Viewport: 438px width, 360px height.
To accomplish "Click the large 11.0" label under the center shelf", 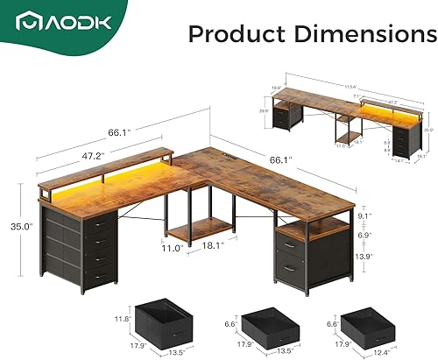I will [x=173, y=247].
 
